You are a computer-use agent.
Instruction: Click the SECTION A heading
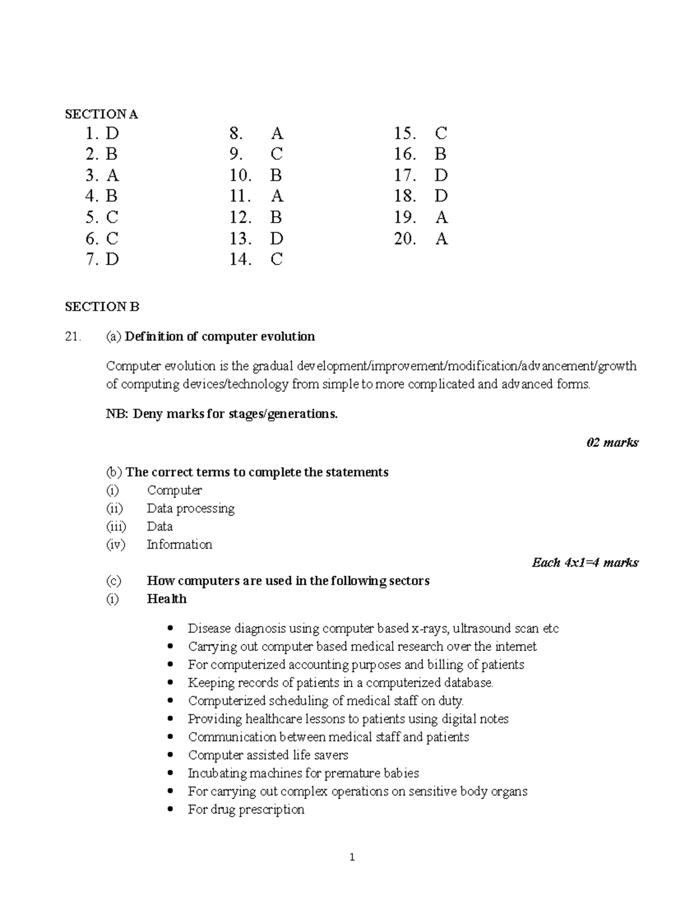point(101,114)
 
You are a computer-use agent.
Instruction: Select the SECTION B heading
point(102,307)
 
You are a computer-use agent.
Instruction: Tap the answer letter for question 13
point(277,238)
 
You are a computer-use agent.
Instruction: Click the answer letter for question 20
point(442,238)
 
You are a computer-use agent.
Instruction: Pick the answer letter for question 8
point(277,133)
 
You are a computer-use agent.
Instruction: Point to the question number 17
point(405,175)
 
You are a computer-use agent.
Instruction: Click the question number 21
point(72,336)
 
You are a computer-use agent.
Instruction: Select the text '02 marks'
point(612,442)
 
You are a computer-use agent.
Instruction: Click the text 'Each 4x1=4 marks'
point(585,562)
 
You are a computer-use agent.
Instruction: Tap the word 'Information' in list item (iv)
point(179,544)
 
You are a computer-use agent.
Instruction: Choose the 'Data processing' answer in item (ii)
point(190,508)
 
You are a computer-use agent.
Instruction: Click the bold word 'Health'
point(167,598)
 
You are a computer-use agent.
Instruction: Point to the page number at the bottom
point(352,857)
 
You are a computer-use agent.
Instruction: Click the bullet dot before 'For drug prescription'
point(170,809)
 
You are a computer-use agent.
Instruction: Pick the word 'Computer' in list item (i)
point(174,490)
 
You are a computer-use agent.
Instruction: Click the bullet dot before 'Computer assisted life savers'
point(170,755)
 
